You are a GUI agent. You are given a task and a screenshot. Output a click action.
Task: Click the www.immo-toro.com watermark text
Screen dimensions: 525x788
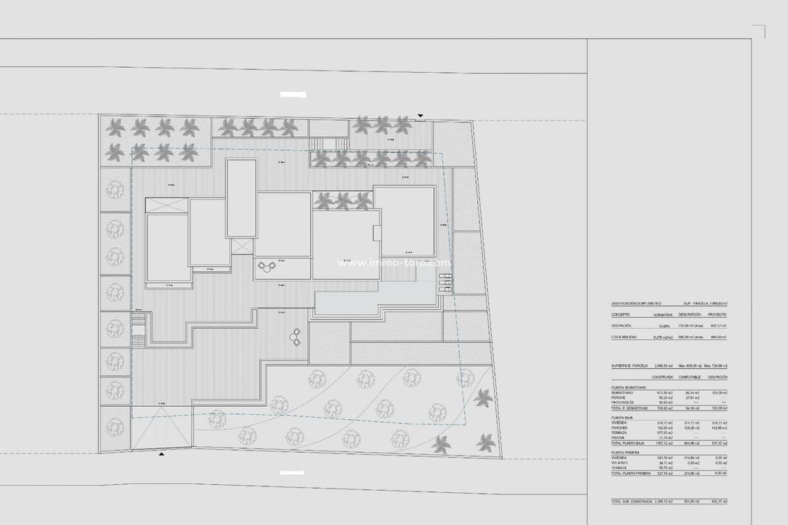coord(394,263)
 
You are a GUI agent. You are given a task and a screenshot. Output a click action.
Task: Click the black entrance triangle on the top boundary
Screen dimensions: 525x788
coord(420,116)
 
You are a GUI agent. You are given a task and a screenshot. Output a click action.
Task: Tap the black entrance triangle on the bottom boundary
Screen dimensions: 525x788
coord(161,454)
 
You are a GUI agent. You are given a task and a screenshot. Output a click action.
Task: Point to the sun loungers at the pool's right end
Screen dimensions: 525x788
coord(445,281)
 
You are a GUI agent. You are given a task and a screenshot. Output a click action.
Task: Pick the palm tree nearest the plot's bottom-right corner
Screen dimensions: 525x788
coord(485,442)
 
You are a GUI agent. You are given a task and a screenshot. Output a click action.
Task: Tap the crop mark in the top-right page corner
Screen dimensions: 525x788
coord(759,31)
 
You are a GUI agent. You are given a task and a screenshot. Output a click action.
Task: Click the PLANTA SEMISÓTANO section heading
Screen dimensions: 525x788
coord(628,388)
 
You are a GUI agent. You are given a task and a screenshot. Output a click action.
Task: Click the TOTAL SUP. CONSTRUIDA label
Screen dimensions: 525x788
coord(632,502)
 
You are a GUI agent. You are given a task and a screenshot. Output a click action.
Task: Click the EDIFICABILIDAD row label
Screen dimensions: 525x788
coord(624,338)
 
